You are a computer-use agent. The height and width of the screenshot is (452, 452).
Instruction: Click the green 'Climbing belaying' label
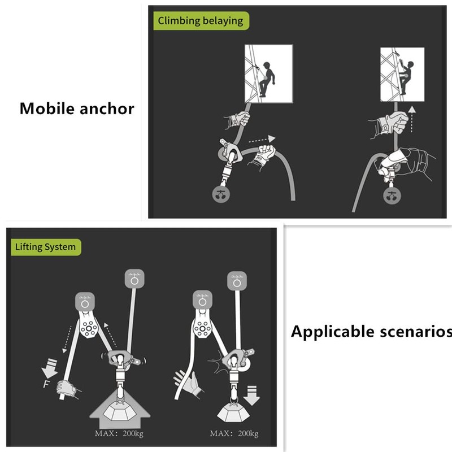(201, 21)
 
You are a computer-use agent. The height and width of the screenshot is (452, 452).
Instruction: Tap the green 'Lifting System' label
(45, 247)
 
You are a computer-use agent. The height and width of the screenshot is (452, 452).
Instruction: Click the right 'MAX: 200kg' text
(234, 433)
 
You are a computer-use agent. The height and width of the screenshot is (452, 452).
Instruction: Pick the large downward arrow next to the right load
(251, 393)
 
